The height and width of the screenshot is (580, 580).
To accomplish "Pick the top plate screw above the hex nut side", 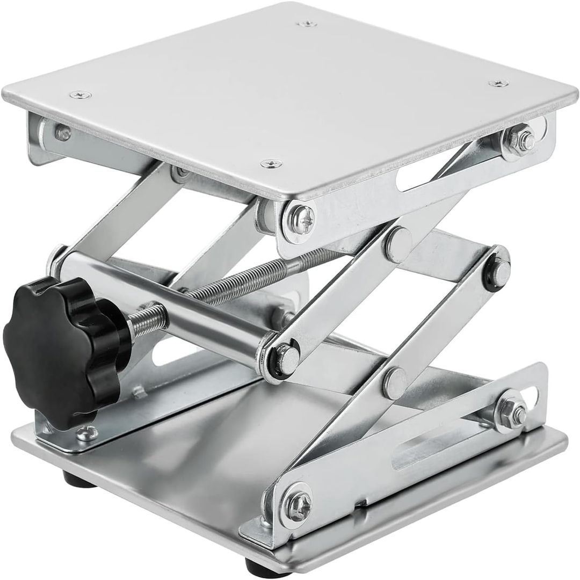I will coord(498,83).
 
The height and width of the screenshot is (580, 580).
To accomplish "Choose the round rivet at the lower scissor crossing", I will coord(396,380).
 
